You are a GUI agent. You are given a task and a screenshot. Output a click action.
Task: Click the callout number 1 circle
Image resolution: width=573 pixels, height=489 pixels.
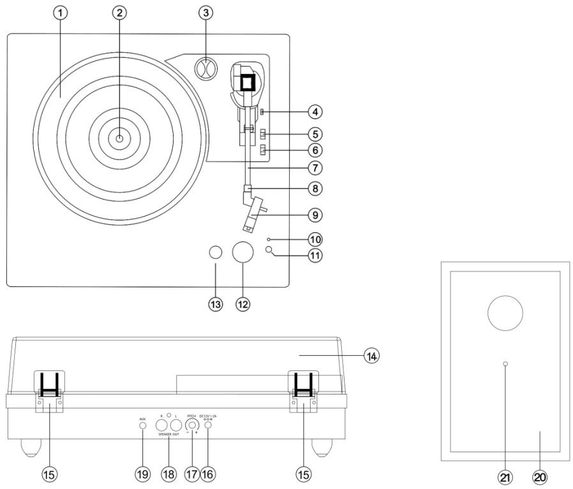pos(61,13)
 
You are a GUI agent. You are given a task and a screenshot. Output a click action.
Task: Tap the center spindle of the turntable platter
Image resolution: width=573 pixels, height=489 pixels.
pos(119,136)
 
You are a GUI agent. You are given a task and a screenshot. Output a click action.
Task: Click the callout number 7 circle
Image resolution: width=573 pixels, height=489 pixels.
pos(313,168)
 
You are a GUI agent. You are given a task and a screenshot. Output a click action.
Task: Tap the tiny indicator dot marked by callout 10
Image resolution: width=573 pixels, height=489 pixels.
pos(270,239)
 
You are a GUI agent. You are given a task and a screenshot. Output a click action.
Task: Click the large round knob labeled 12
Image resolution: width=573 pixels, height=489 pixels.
pos(242,254)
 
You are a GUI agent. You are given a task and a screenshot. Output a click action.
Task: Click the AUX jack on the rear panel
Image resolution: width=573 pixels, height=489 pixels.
pos(143,425)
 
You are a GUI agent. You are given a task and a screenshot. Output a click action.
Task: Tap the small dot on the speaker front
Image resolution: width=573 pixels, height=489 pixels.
pos(505,363)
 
